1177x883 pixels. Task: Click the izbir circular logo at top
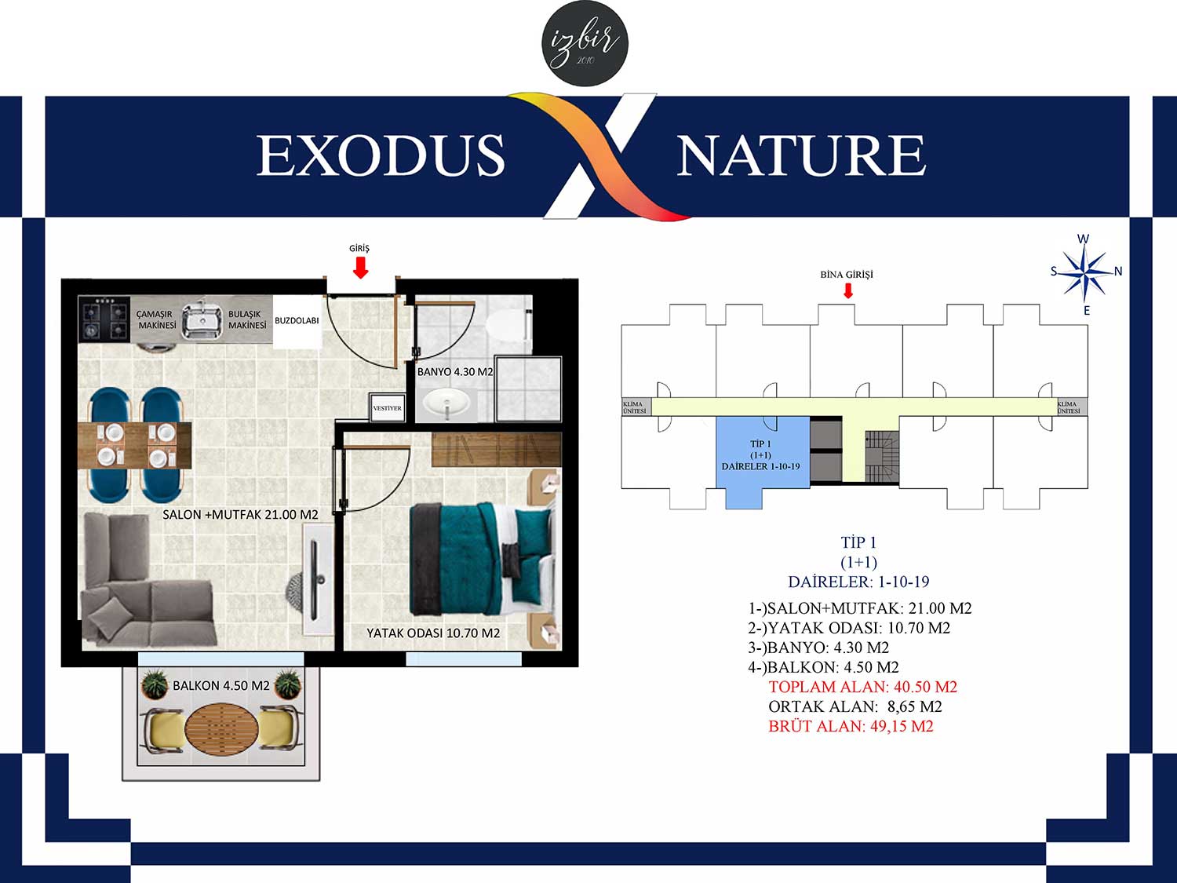585,43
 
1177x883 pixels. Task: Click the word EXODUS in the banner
381,155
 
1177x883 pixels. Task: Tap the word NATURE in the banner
801,155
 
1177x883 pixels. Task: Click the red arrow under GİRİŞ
360,268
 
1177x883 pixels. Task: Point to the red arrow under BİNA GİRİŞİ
847,291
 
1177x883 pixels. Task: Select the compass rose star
1085,272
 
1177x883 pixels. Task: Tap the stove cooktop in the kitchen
104,319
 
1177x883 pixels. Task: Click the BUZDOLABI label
297,320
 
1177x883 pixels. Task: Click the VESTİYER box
387,408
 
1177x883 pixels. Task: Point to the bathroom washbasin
446,403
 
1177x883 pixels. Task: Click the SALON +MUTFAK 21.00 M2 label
240,515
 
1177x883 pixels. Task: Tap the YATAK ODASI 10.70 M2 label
433,633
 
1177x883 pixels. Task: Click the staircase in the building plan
882,457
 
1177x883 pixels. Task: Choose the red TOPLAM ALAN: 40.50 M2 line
863,687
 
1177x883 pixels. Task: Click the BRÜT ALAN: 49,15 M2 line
851,727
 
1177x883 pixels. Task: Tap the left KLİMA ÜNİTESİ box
636,407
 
